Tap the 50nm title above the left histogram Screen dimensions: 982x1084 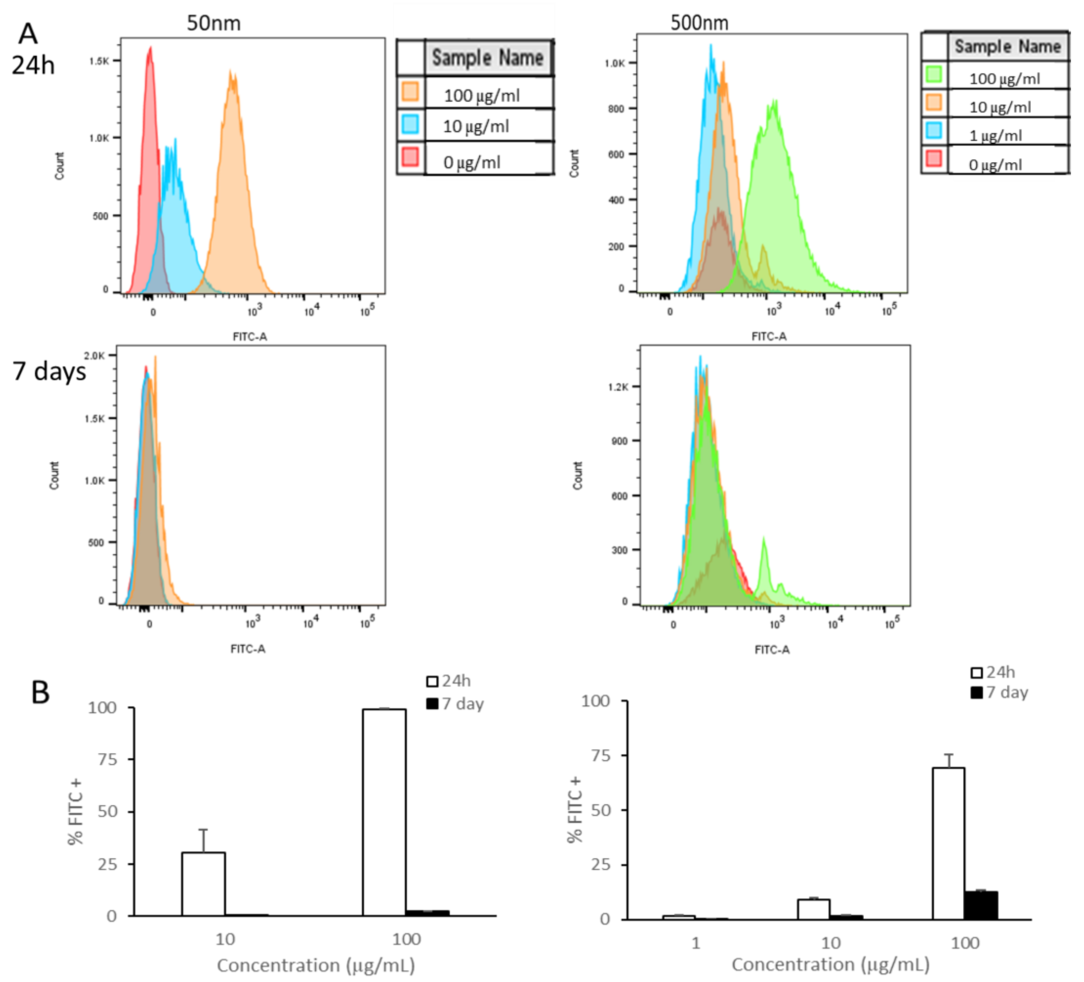tap(213, 23)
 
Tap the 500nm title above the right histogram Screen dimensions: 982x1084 tap(699, 22)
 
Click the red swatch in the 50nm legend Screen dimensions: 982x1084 tap(410, 157)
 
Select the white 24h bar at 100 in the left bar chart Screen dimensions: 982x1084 tap(384, 812)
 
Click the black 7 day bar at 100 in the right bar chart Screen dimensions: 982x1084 tap(981, 905)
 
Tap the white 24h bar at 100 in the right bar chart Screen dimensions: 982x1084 tap(948, 843)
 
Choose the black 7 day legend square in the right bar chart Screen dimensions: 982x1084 tap(976, 693)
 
